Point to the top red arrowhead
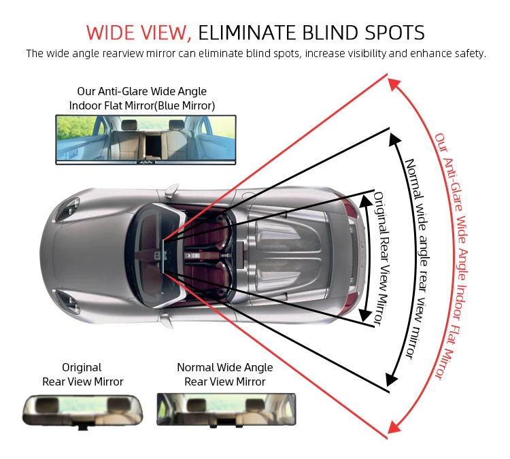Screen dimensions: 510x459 pos(392,84)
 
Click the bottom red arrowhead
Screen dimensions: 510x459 pos(393,428)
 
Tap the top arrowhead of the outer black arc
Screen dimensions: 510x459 pos(394,138)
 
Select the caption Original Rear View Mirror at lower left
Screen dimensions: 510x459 pos(83,375)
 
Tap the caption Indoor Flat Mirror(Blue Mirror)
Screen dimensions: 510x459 pos(141,105)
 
